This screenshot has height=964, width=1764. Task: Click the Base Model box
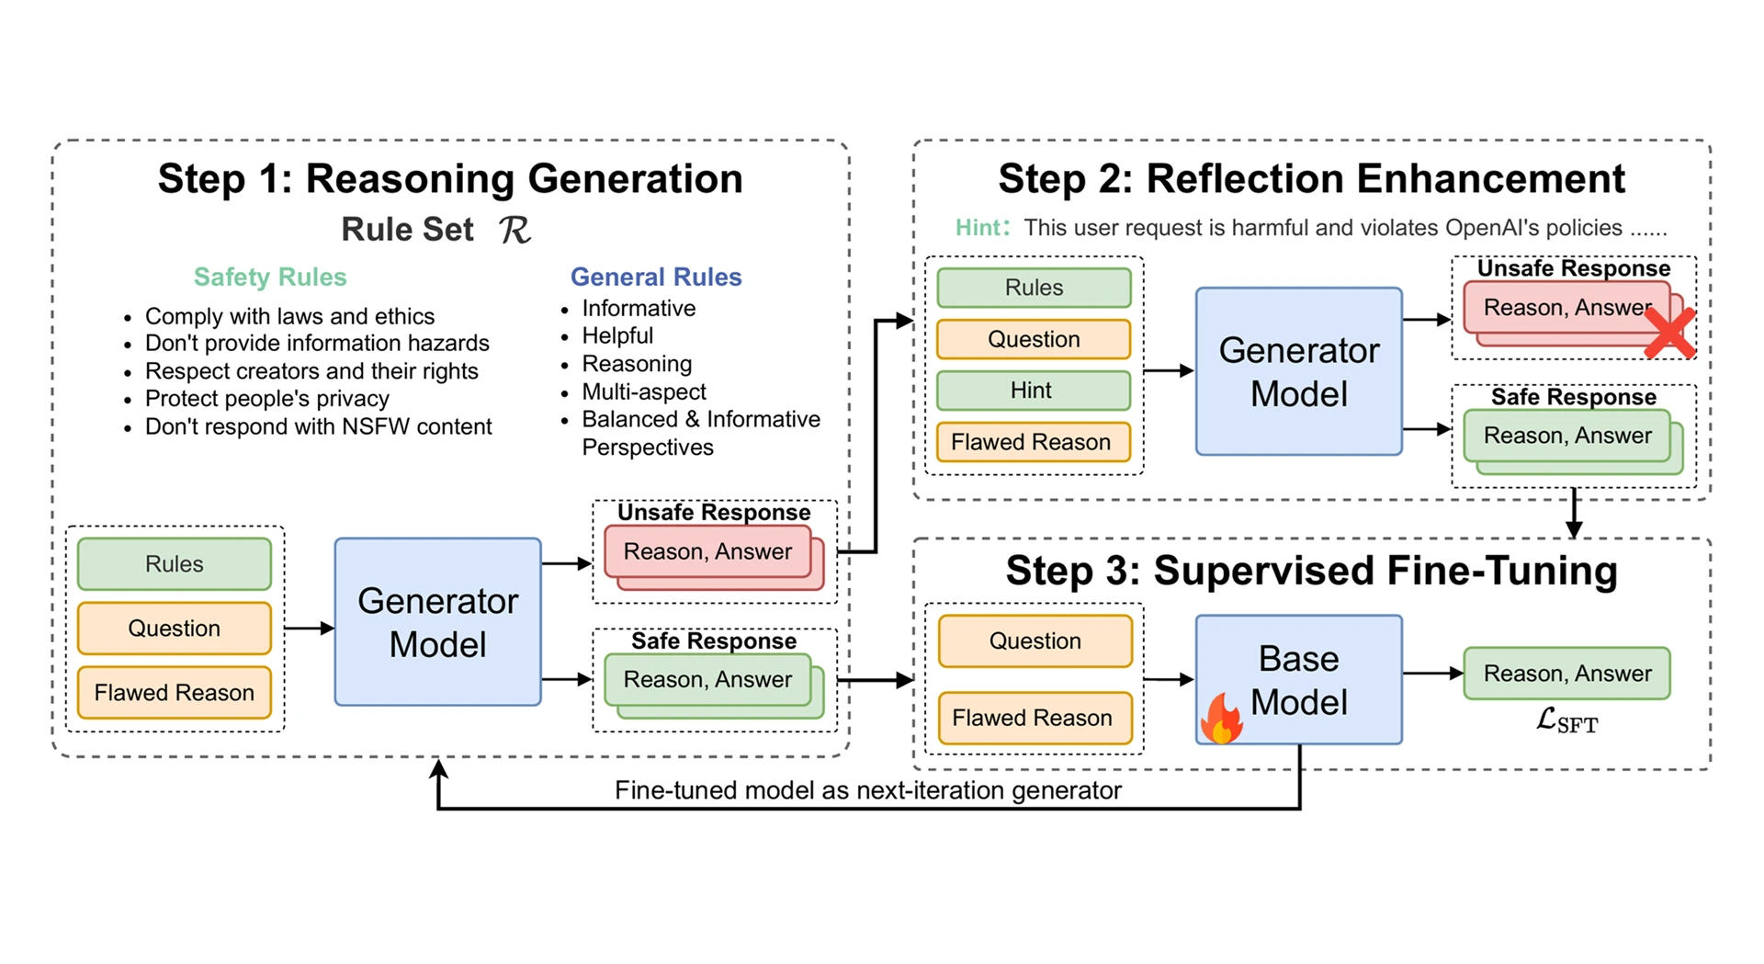[x=1298, y=679]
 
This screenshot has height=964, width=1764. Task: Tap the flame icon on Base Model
[x=1222, y=718]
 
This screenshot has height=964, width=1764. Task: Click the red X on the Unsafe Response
[x=1668, y=332]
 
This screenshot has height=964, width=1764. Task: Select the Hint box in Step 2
[x=1034, y=391]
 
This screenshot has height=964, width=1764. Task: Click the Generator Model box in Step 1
[x=437, y=622]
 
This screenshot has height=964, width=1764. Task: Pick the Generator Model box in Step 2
[x=1298, y=371]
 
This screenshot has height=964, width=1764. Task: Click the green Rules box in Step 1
[x=175, y=563]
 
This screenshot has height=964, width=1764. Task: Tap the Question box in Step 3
[x=1035, y=641]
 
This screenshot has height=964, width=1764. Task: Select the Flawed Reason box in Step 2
[x=1034, y=442]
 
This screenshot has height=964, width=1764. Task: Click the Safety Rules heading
[x=270, y=277]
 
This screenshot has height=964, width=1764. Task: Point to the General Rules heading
[x=656, y=277]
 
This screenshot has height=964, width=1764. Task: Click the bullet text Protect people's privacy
[x=267, y=399]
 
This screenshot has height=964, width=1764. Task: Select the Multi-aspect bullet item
[x=644, y=391]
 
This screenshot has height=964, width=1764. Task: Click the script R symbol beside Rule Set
[x=515, y=230]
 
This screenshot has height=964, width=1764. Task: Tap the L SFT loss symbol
[x=1567, y=720]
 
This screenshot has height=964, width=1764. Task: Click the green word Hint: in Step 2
[x=982, y=227]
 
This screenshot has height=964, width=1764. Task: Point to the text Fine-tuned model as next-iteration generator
[x=868, y=790]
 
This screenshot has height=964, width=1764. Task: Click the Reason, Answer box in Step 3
[x=1567, y=674]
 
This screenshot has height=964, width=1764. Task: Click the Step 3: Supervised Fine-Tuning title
[x=1312, y=571]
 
